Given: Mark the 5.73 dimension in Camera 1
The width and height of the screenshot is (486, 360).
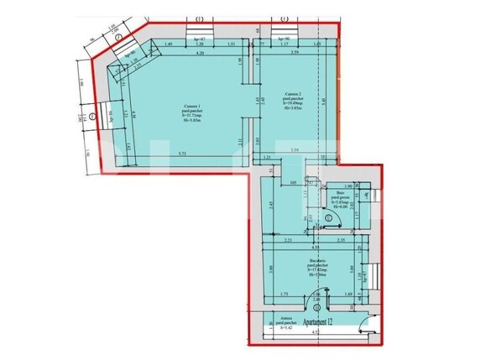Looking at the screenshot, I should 181,154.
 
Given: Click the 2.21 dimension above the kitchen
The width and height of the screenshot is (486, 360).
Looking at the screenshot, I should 287,241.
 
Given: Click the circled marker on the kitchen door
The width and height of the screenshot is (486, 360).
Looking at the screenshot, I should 316,295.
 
